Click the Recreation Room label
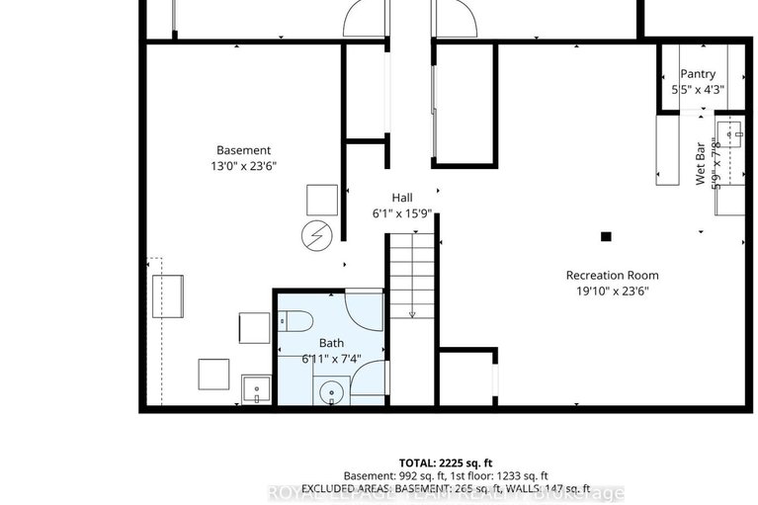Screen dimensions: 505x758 click(612, 275)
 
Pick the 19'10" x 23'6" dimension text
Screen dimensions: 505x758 click(613, 291)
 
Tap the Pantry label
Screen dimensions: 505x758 click(698, 74)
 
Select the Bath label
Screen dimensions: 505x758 click(331, 343)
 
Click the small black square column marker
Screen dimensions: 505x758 click(606, 236)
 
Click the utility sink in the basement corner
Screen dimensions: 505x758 click(256, 391)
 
